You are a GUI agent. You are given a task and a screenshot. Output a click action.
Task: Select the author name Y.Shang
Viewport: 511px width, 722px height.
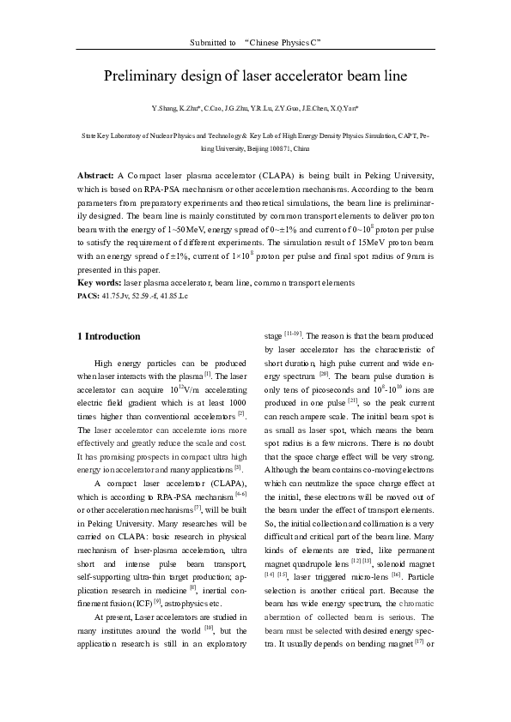163,109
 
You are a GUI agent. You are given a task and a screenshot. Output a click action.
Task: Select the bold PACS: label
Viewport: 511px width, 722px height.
90,294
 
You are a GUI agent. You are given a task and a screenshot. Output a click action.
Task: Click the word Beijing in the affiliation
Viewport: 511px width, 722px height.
248,148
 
